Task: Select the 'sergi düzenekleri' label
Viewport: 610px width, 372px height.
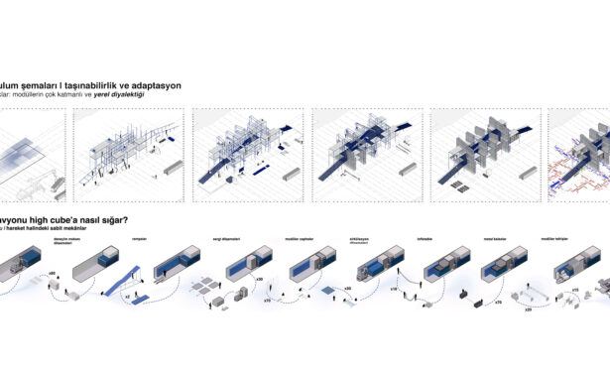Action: click(x=228, y=238)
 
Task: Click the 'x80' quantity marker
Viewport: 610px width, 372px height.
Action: click(x=79, y=271)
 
